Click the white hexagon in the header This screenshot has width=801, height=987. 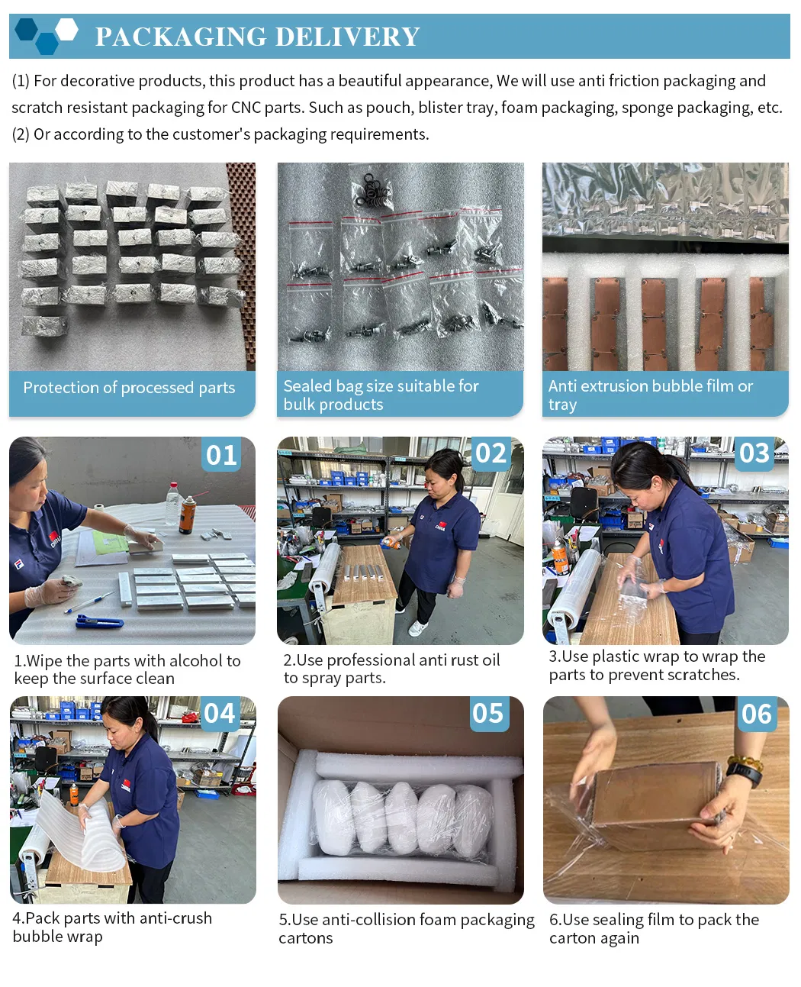coord(67,30)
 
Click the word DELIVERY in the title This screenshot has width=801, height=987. coord(347,37)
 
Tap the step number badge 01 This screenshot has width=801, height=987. coord(221,455)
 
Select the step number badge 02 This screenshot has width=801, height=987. coord(491,453)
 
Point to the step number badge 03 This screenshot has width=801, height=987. coord(754,453)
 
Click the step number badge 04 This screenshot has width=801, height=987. coord(220,714)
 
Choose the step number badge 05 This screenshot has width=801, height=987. coord(488,714)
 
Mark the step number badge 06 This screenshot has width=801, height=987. coord(756,714)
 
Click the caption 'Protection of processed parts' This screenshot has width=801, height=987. coord(129,388)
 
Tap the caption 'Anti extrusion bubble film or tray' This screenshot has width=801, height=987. coord(650,395)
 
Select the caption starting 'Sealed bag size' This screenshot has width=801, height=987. coord(381,395)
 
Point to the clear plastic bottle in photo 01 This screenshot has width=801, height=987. coord(174,504)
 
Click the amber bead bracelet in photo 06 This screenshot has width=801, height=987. coord(745,761)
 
